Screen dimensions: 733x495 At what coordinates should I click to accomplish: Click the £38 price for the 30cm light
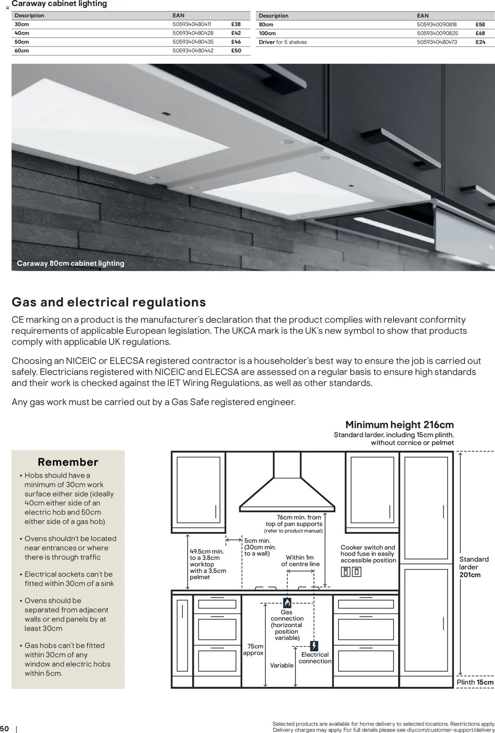pos(236,24)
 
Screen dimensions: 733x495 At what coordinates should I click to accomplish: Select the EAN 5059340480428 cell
pos(193,33)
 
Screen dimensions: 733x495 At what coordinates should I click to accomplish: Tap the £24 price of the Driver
pos(480,42)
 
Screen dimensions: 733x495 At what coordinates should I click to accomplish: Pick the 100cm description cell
pos(267,33)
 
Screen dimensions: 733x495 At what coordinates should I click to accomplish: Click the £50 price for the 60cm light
pos(236,51)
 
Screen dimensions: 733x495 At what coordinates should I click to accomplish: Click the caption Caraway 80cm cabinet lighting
pos(70,263)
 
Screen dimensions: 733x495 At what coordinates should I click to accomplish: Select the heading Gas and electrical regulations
pos(109,302)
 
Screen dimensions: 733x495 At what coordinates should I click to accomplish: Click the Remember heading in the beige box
pos(68,462)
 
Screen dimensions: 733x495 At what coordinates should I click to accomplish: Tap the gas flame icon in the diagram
pos(287,603)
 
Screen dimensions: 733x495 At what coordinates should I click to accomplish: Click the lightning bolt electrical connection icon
pos(314,646)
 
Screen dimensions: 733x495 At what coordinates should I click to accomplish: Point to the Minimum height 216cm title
pos(399,425)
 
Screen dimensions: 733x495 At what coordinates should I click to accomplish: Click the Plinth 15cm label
pos(475,682)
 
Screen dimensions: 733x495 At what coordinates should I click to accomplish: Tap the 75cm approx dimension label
pos(254,649)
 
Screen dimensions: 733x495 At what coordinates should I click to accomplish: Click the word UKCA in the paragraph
pos(244,331)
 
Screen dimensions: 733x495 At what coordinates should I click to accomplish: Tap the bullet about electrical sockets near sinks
pos(69,579)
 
